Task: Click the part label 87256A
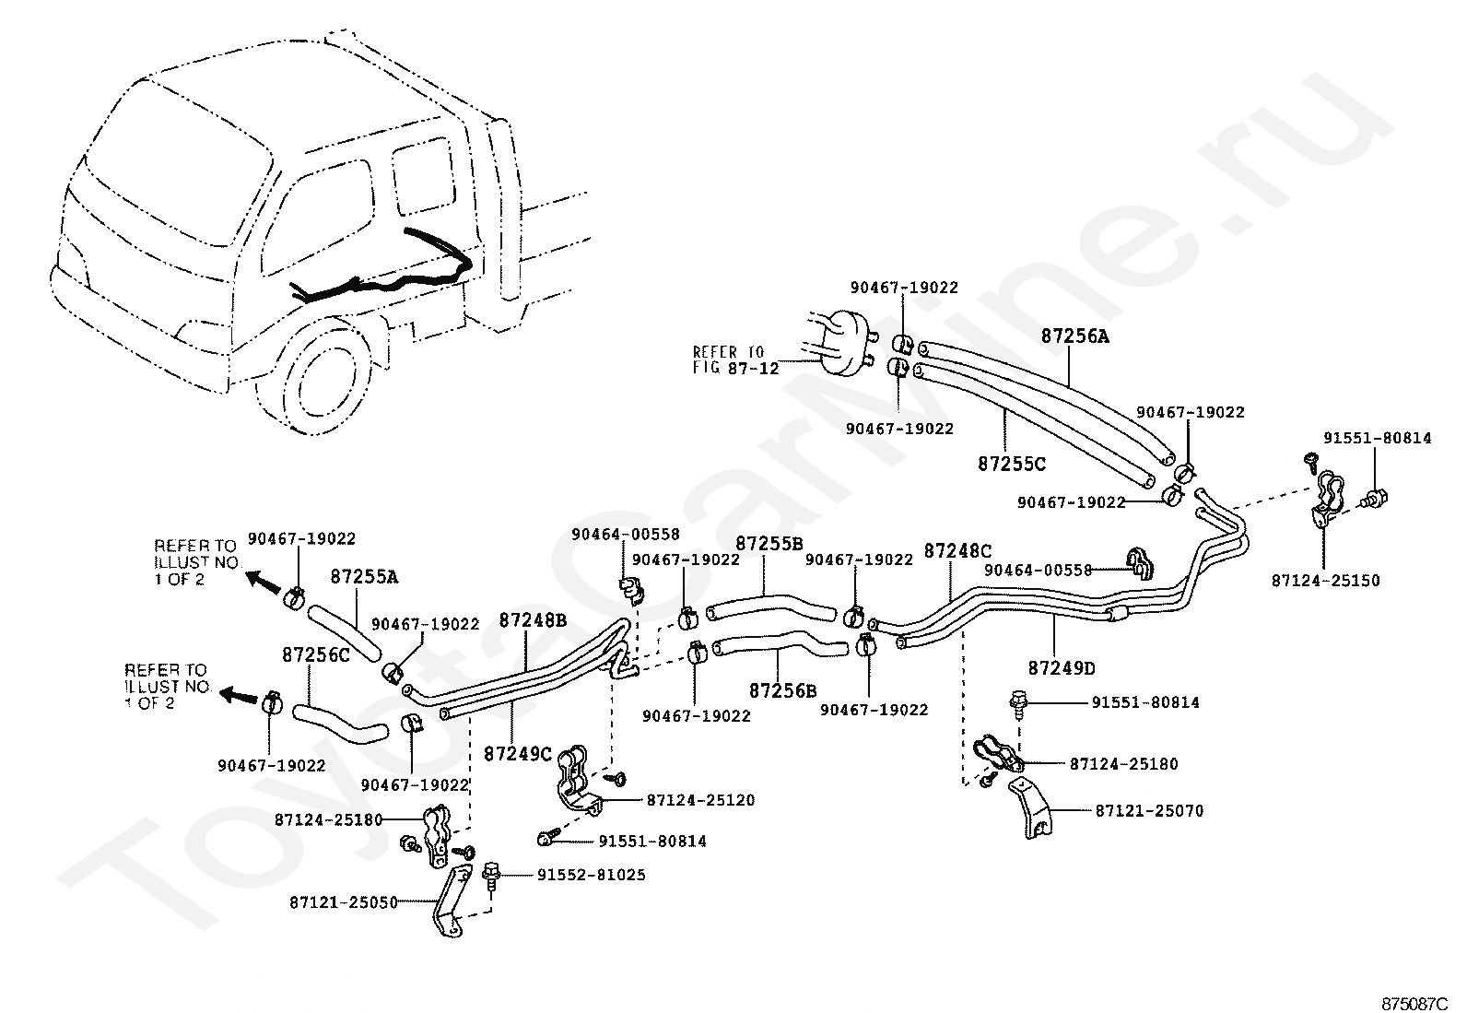click(x=1075, y=336)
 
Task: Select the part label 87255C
click(x=1012, y=465)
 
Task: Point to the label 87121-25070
click(x=1149, y=811)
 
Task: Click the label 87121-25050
click(x=343, y=902)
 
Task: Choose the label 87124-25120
click(x=700, y=800)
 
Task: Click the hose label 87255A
click(x=364, y=577)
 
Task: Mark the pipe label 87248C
click(x=957, y=551)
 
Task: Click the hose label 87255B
click(x=769, y=545)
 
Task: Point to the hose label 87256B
click(x=782, y=689)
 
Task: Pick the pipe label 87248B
click(x=533, y=620)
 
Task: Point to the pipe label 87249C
click(x=517, y=753)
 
